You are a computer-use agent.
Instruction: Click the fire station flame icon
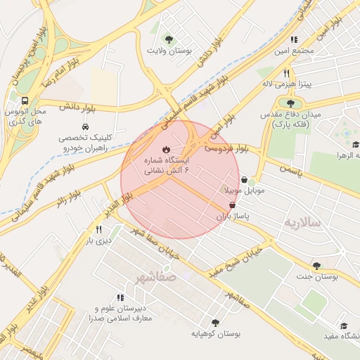click(x=166, y=149)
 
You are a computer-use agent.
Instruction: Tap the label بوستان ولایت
click(x=169, y=51)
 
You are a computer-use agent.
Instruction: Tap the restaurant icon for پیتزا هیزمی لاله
click(x=286, y=72)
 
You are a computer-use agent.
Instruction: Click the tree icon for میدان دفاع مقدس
click(x=291, y=103)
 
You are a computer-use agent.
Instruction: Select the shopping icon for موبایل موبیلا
click(x=244, y=179)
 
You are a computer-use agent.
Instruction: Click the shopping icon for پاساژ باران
click(x=233, y=205)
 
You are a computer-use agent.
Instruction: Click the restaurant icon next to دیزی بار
click(x=98, y=230)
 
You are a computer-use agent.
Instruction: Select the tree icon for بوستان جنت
click(x=316, y=266)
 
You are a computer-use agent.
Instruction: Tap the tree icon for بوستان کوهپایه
click(x=215, y=323)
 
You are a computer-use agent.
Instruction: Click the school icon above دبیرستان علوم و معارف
click(x=121, y=298)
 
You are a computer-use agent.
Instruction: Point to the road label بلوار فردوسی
click(x=229, y=150)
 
